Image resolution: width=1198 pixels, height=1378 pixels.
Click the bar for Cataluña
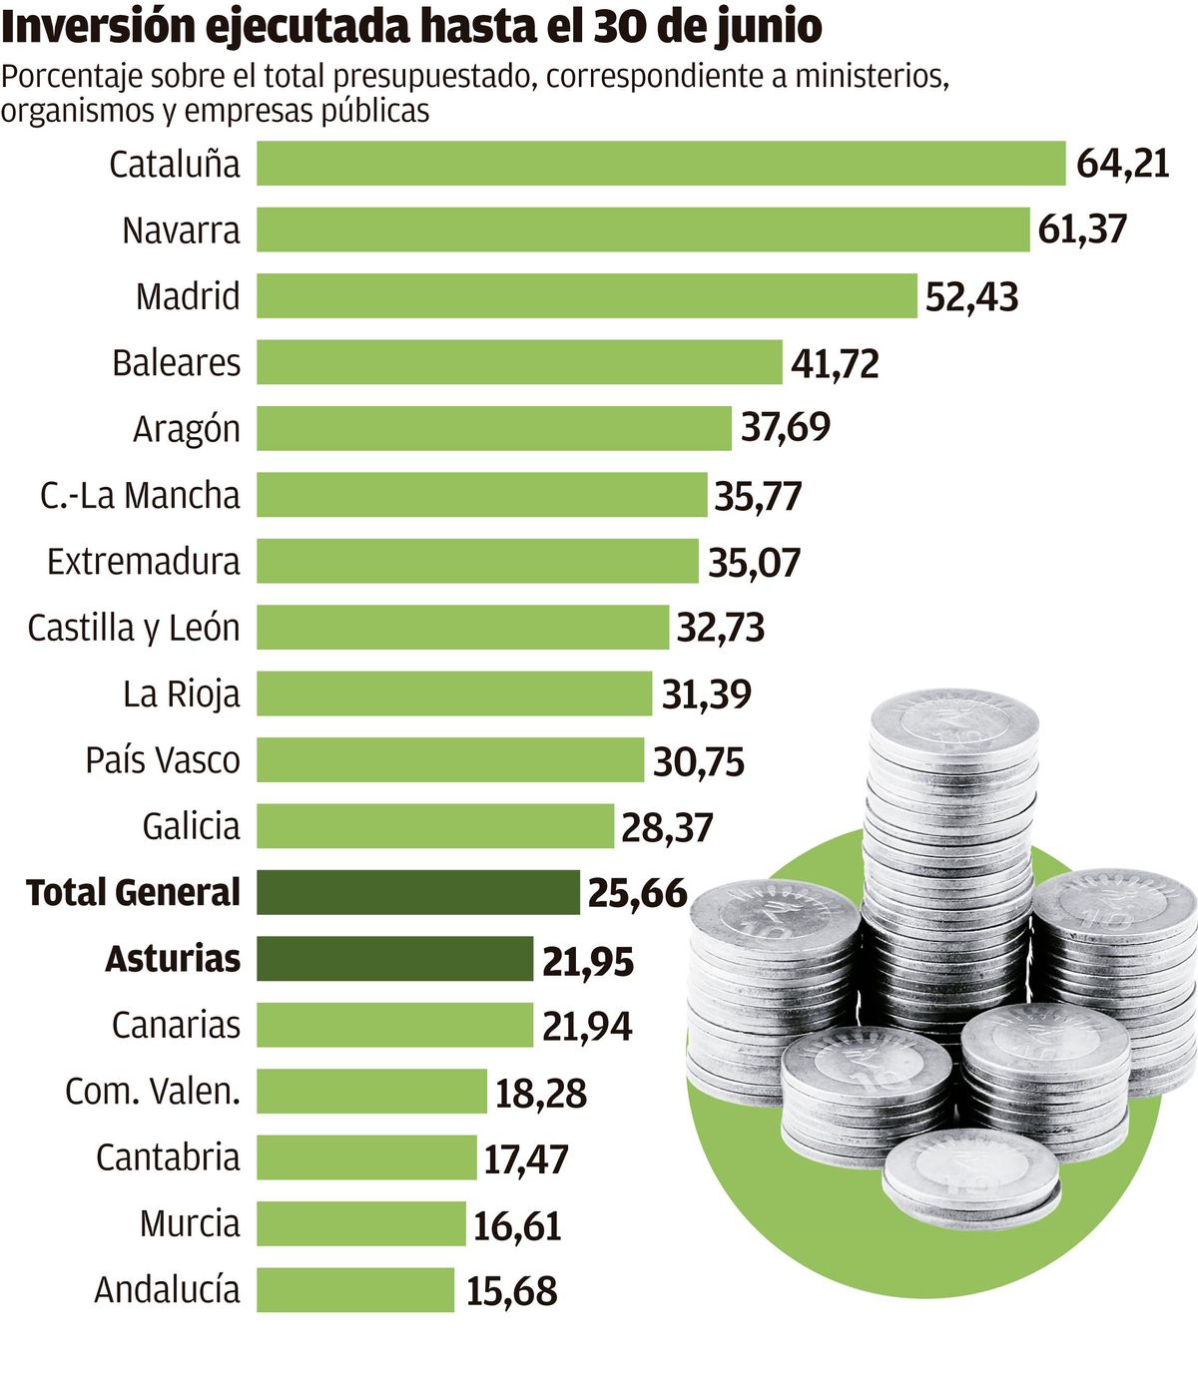[661, 164]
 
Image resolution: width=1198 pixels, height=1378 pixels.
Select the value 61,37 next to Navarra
[1082, 230]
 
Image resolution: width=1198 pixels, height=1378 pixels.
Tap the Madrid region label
[188, 296]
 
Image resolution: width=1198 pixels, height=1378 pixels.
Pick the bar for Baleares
[519, 362]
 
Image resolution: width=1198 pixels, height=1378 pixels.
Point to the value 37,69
[785, 427]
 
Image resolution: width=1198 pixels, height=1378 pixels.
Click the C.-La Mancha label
[140, 495]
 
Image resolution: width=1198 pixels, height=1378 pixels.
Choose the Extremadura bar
[477, 561]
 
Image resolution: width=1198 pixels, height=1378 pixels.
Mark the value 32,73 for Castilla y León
[720, 628]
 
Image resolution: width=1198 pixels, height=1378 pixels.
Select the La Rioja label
[181, 693]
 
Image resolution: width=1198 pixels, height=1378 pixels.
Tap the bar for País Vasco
[450, 759]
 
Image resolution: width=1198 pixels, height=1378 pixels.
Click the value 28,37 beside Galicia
[667, 827]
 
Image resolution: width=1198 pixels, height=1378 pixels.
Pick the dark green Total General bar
[417, 892]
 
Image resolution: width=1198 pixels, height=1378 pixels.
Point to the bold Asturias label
[173, 959]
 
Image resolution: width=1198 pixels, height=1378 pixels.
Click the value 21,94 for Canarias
[587, 1026]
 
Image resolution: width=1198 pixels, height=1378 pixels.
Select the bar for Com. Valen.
[371, 1091]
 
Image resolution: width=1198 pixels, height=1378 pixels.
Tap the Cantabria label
[168, 1157]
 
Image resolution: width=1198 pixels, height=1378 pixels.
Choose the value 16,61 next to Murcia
[516, 1225]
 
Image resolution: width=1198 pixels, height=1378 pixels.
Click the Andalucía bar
[355, 1289]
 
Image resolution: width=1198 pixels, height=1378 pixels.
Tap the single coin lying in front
[970, 1177]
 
